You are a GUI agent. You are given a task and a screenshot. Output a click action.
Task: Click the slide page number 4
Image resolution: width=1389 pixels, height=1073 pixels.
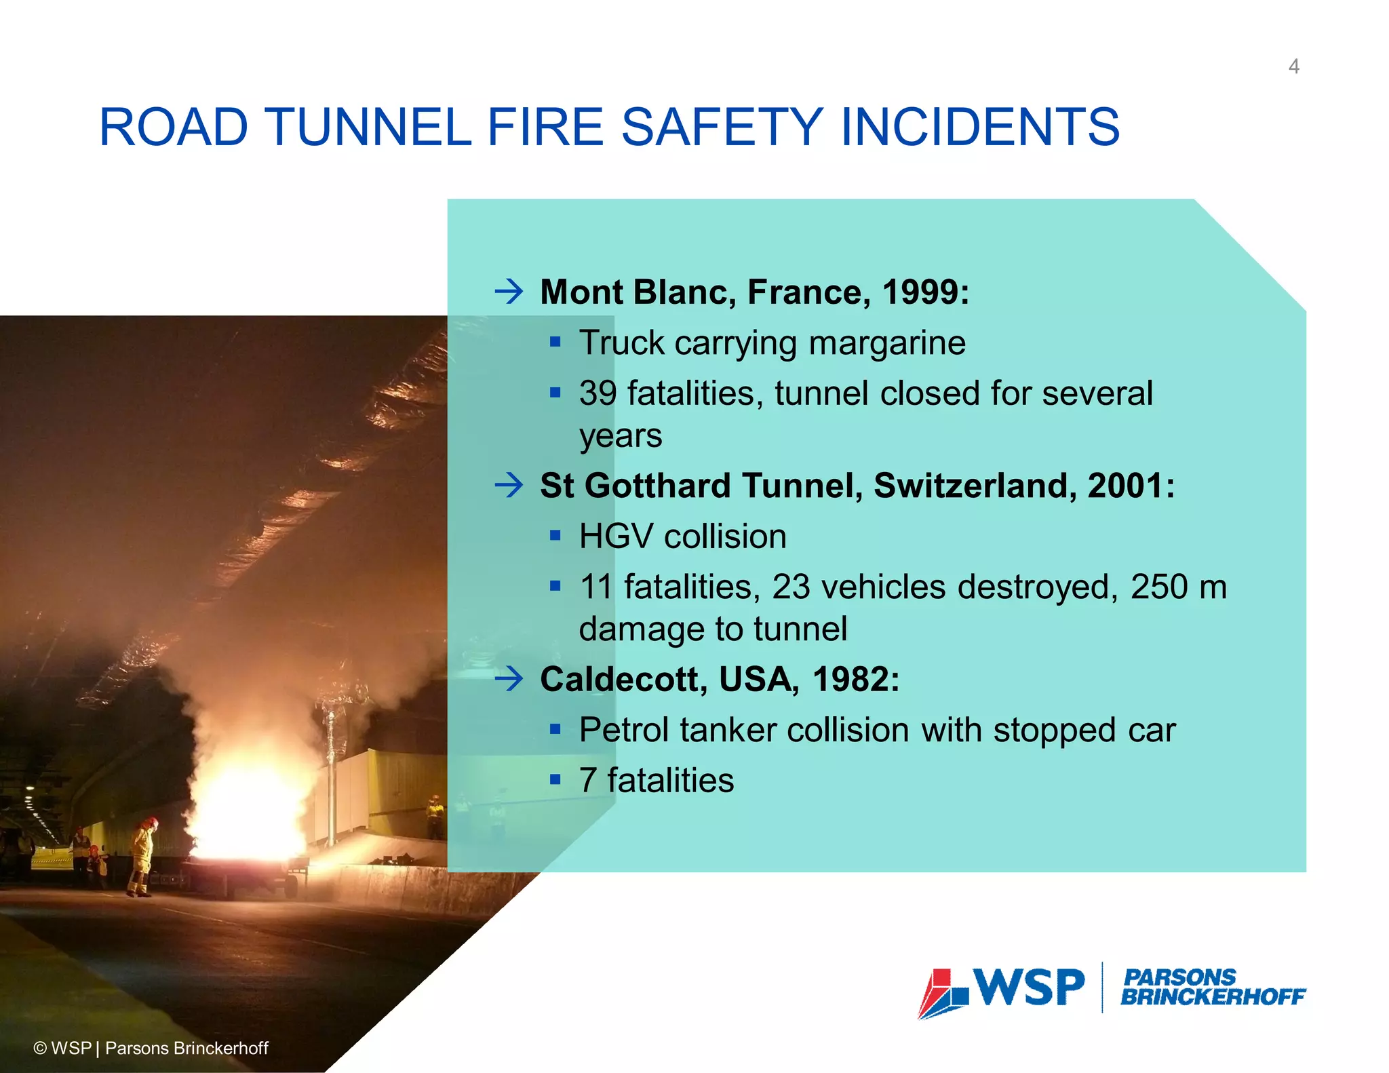(1293, 66)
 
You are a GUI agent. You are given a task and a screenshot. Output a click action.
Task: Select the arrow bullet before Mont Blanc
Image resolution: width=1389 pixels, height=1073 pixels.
(509, 292)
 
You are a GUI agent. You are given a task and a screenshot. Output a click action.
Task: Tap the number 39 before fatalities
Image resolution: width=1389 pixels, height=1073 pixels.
(598, 393)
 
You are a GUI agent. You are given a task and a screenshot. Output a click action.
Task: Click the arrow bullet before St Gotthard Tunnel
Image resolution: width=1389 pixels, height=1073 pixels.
(509, 485)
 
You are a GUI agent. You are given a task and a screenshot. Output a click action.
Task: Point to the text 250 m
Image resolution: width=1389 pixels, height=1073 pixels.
(1178, 587)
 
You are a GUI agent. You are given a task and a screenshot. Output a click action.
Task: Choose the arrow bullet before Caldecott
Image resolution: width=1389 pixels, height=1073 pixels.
(509, 678)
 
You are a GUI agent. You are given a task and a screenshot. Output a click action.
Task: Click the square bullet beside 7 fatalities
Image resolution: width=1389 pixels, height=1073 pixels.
(555, 780)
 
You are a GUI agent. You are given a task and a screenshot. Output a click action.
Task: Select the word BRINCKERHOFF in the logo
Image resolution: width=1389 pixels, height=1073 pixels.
(1213, 997)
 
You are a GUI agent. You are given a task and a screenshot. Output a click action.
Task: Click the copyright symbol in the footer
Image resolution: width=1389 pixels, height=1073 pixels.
(40, 1049)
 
